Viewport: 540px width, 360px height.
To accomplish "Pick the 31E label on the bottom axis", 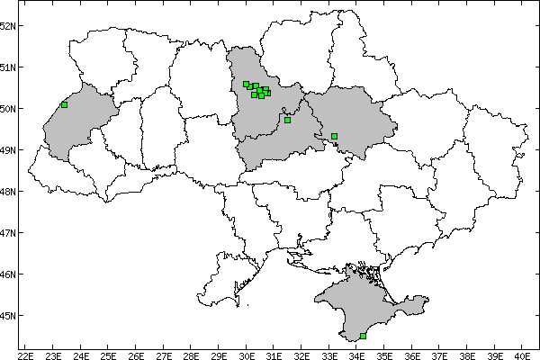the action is coord(274,354).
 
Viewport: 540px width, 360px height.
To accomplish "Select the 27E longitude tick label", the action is coord(164,354).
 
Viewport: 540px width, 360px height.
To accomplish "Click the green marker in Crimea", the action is coord(363,336).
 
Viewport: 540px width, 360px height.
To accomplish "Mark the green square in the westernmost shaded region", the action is coord(64,104).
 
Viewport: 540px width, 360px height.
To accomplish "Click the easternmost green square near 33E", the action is coord(334,136).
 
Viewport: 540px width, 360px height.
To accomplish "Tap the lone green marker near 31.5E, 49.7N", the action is coord(287,120).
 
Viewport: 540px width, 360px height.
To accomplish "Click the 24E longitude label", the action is coord(81,354).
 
